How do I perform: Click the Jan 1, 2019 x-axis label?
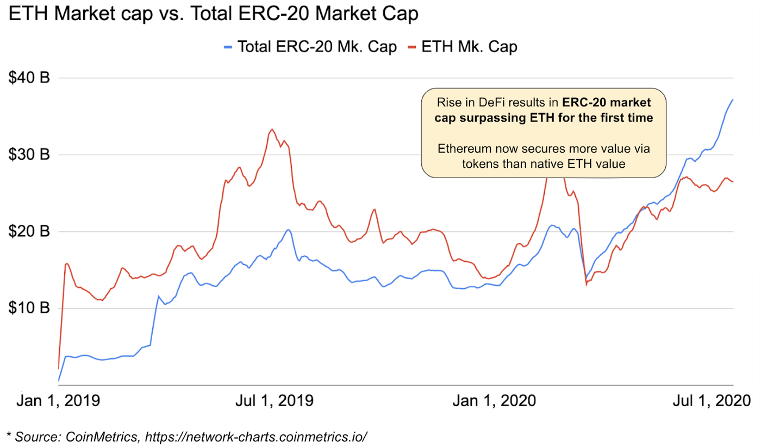(x=58, y=401)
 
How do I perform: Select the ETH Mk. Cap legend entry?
(x=462, y=47)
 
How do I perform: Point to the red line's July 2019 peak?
(x=272, y=129)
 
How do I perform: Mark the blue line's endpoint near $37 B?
(x=733, y=100)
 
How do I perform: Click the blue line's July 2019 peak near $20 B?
(x=288, y=230)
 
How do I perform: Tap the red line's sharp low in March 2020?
(x=586, y=285)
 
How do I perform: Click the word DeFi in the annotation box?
(x=491, y=103)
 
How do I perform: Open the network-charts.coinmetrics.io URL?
(x=255, y=436)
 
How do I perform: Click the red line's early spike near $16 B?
(x=66, y=263)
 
